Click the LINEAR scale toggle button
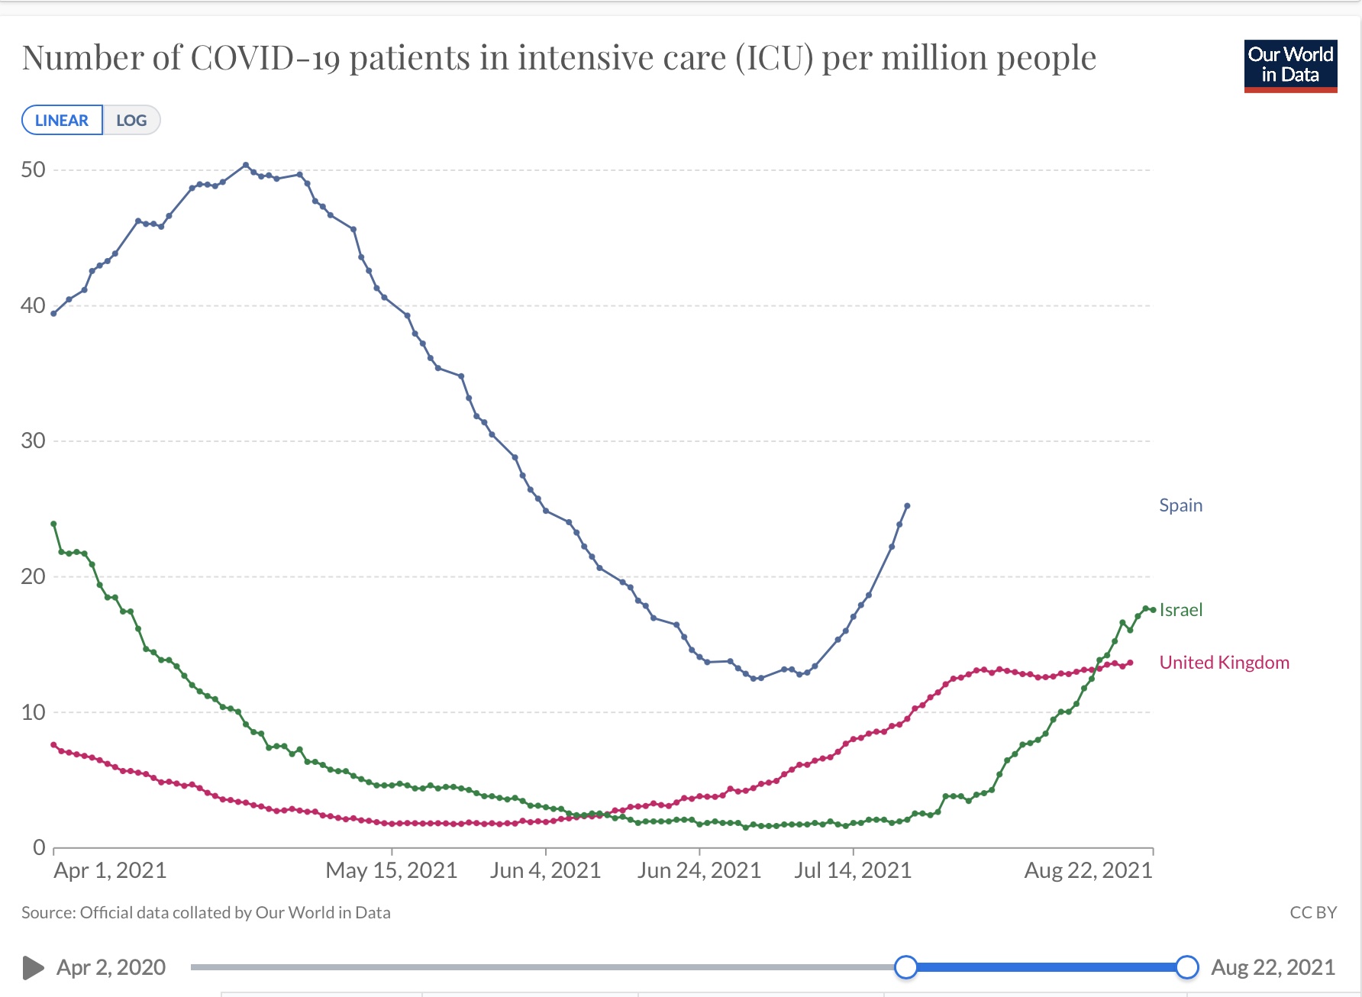coord(62,121)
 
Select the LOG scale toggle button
coord(131,121)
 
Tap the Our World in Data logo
coord(1290,66)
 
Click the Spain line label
coord(1180,505)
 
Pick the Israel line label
coord(1180,610)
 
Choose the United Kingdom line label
coord(1224,663)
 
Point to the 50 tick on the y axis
coord(34,169)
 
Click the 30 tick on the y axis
coord(34,440)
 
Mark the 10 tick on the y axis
coord(34,712)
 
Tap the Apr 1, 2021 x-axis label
coord(110,870)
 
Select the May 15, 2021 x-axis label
coord(392,870)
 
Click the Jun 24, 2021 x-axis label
coord(699,870)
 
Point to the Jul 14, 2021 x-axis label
coord(853,870)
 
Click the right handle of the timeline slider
coord(1187,967)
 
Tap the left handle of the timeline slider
coord(906,967)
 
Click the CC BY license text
coord(1313,912)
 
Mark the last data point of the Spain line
coord(907,506)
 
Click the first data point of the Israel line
coord(53,524)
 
